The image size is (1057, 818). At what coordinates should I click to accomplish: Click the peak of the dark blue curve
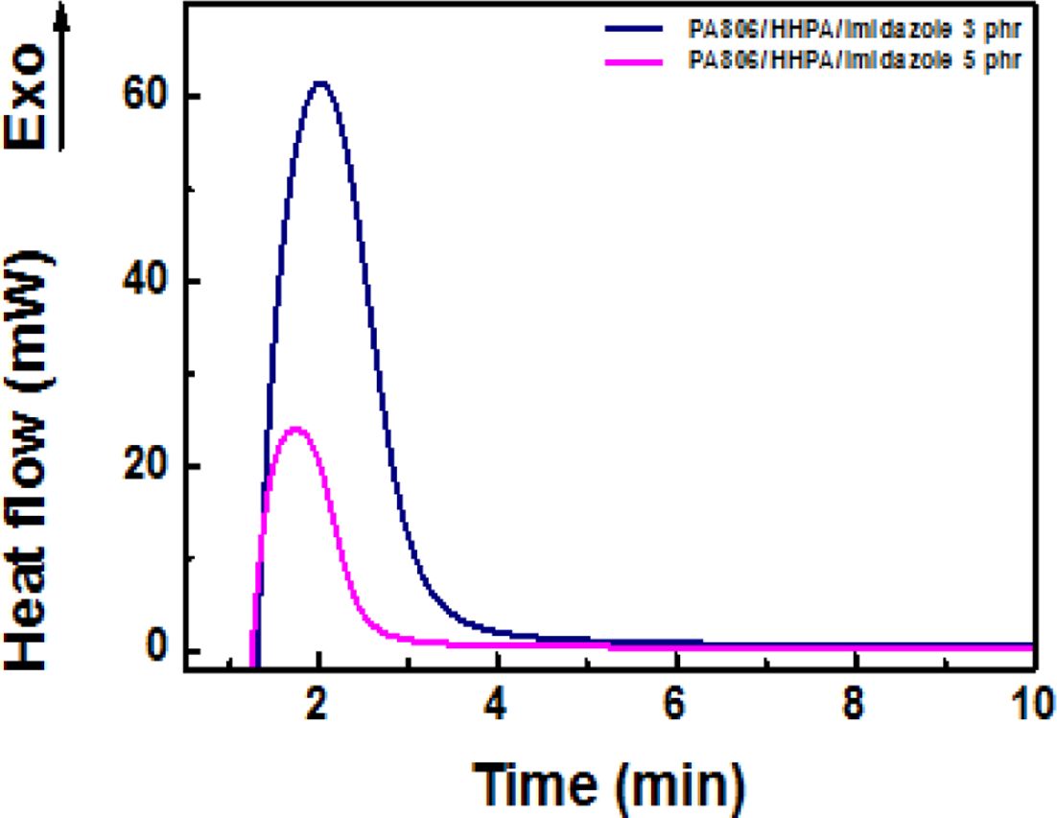(x=319, y=82)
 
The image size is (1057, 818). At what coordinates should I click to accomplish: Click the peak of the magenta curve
(x=296, y=428)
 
